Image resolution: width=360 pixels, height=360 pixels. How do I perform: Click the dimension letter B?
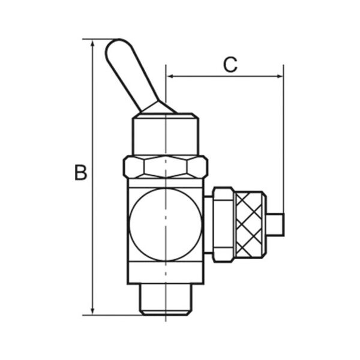coord(80,172)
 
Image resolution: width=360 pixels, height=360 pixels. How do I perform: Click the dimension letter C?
coord(230,65)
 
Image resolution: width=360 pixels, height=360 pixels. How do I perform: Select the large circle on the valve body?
coord(166,224)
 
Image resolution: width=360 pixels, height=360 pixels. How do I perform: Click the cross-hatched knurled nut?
coord(250,225)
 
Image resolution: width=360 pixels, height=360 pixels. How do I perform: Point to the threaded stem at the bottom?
coord(166,299)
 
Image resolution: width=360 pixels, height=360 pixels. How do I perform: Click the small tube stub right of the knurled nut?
coord(275,224)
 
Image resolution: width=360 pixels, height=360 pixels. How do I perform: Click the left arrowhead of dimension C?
coord(170,76)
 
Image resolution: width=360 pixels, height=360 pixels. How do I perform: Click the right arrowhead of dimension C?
coord(279,76)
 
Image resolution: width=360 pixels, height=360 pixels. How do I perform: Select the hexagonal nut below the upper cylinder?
coord(166,167)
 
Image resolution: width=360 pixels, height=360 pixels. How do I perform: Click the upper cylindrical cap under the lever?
coord(166,134)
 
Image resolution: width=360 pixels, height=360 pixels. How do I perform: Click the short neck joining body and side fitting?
coord(208,224)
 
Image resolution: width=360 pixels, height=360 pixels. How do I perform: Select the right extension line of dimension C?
coord(283,139)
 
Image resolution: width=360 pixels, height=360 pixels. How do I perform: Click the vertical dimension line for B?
coord(92,177)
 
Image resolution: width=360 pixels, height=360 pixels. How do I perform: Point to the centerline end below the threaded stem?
coord(166,321)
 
